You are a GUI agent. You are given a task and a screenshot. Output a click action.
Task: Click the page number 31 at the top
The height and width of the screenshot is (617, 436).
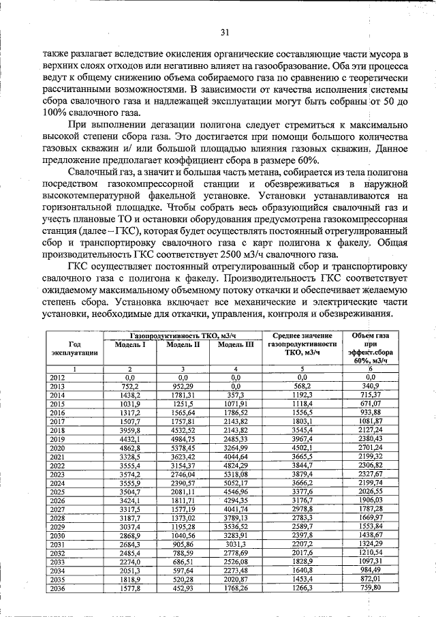225,31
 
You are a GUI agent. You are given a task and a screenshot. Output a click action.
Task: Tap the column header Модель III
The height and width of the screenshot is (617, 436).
236,345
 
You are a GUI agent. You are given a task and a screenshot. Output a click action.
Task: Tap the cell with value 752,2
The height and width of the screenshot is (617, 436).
131,386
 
